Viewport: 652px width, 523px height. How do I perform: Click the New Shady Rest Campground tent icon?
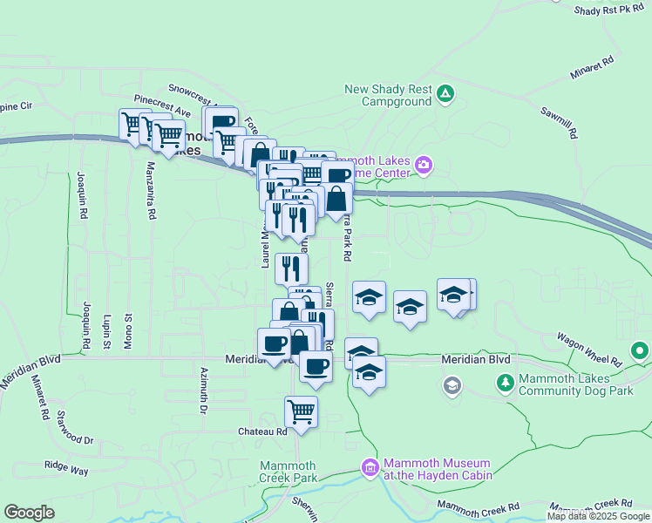click(445, 92)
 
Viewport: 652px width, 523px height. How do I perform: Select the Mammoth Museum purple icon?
click(370, 468)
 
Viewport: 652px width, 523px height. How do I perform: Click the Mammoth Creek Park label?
click(289, 471)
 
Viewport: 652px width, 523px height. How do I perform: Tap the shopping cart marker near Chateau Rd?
click(301, 411)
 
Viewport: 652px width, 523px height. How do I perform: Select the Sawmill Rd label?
click(559, 121)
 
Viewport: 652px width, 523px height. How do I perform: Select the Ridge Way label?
click(66, 468)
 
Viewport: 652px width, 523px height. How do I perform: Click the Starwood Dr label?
click(75, 427)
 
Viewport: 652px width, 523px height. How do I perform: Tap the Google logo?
click(29, 513)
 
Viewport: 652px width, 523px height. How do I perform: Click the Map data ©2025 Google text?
click(597, 516)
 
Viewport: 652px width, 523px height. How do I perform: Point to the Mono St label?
click(128, 329)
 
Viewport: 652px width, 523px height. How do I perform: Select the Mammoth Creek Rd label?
click(479, 506)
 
